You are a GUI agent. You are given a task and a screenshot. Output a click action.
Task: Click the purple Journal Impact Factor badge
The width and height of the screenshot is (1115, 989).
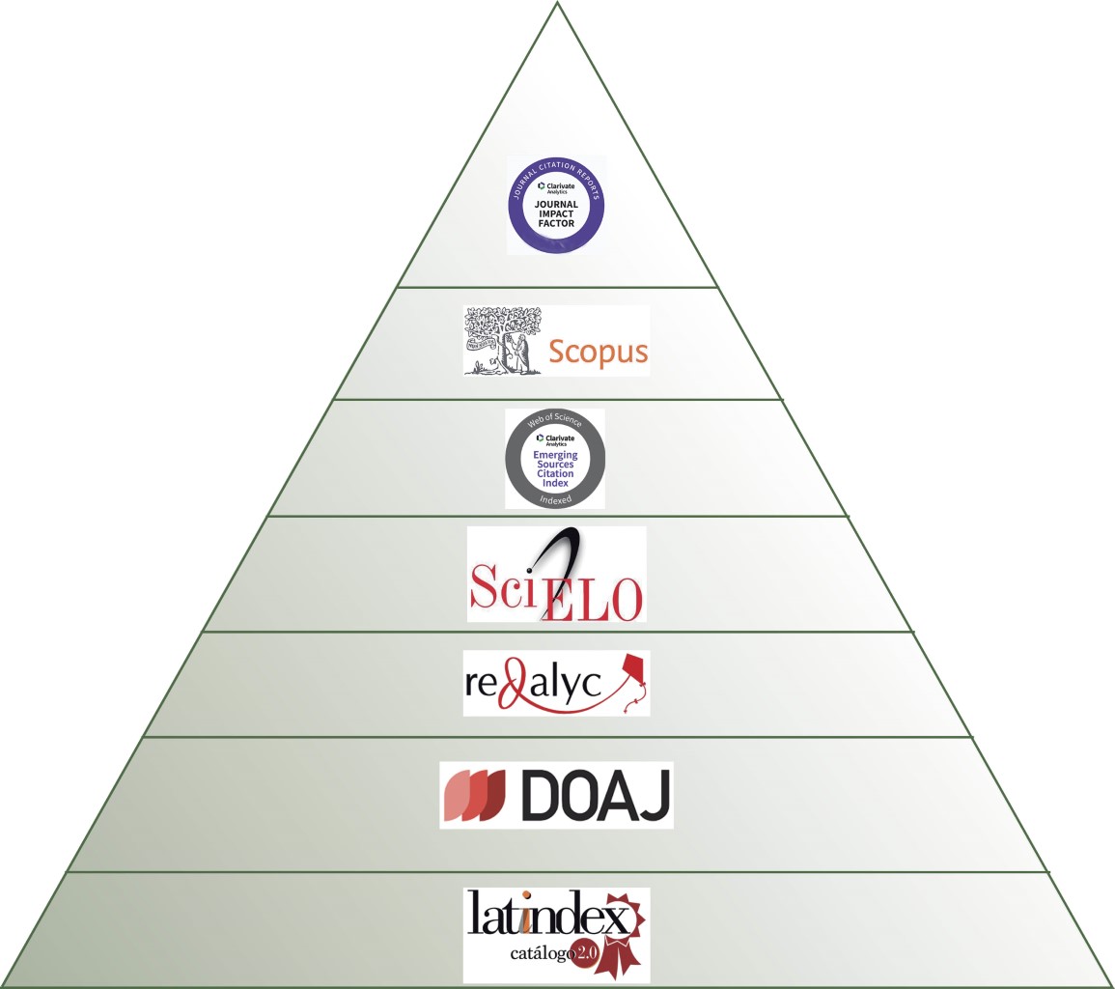[x=557, y=204]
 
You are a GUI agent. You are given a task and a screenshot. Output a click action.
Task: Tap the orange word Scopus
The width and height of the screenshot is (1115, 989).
[x=598, y=351]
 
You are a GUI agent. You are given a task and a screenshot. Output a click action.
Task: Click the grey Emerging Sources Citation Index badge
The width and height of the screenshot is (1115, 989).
[x=555, y=459]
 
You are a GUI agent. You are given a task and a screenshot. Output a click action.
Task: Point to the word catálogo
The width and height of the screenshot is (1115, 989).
[x=543, y=954]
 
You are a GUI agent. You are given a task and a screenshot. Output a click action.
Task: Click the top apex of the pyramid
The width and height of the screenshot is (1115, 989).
[x=558, y=4]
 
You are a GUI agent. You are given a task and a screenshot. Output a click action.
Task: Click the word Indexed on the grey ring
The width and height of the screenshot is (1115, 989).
[x=555, y=499]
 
